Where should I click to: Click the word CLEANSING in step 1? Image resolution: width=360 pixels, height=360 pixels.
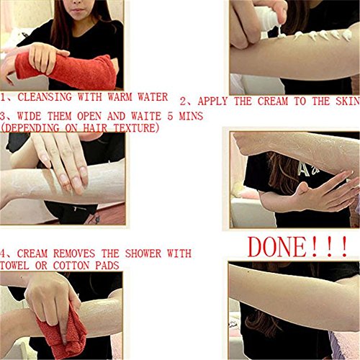tap(45, 97)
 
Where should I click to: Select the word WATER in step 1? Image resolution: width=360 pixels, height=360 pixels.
tap(153, 97)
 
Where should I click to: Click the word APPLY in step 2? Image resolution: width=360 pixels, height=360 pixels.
tap(212, 101)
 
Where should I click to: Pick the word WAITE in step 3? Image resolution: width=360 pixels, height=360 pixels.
tap(146, 116)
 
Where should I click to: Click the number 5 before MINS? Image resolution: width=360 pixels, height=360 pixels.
tap(170, 116)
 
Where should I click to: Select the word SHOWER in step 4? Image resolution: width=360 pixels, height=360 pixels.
tap(143, 253)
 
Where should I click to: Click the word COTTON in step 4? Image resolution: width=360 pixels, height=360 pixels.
tap(71, 266)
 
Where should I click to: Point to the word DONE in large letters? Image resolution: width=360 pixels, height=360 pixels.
tap(276, 247)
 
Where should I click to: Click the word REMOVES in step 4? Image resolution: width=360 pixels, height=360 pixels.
tap(74, 253)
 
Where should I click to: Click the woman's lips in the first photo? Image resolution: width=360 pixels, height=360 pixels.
tap(77, 10)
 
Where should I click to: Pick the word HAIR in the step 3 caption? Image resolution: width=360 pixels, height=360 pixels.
tap(95, 127)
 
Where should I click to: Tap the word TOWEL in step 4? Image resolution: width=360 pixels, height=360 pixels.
tap(14, 266)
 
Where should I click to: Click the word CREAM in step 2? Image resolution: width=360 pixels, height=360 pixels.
tap(273, 101)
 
